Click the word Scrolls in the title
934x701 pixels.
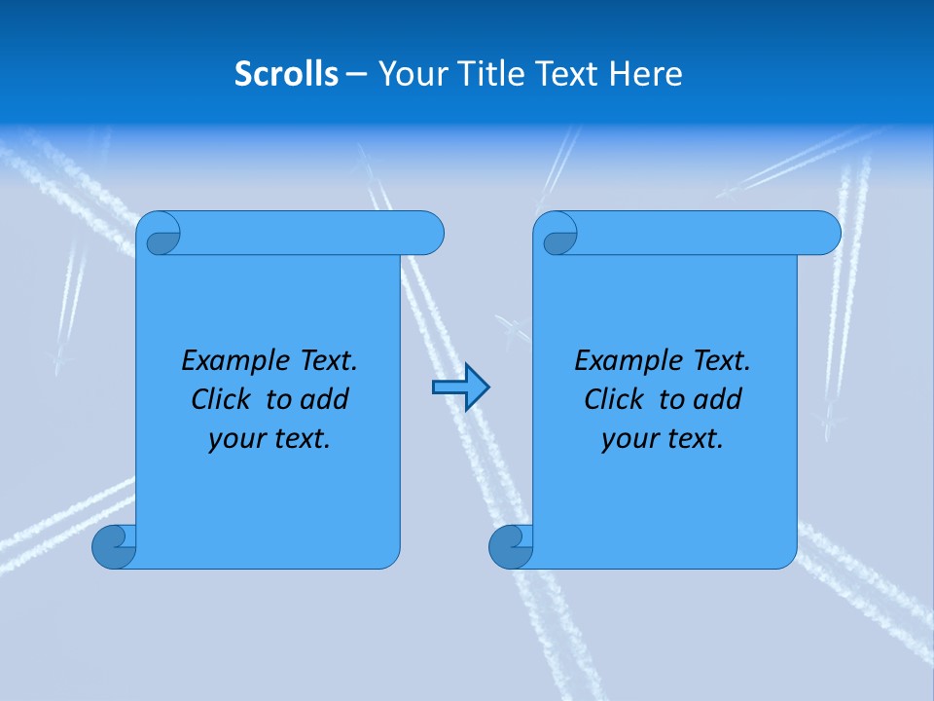tap(286, 74)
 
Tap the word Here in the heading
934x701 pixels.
tap(646, 74)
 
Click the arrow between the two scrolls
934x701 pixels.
tap(460, 387)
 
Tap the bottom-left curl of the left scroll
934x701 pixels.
tap(112, 546)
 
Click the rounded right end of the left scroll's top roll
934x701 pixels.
tap(428, 234)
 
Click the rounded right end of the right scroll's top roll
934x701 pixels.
tap(825, 234)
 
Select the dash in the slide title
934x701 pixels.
tap(356, 75)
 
